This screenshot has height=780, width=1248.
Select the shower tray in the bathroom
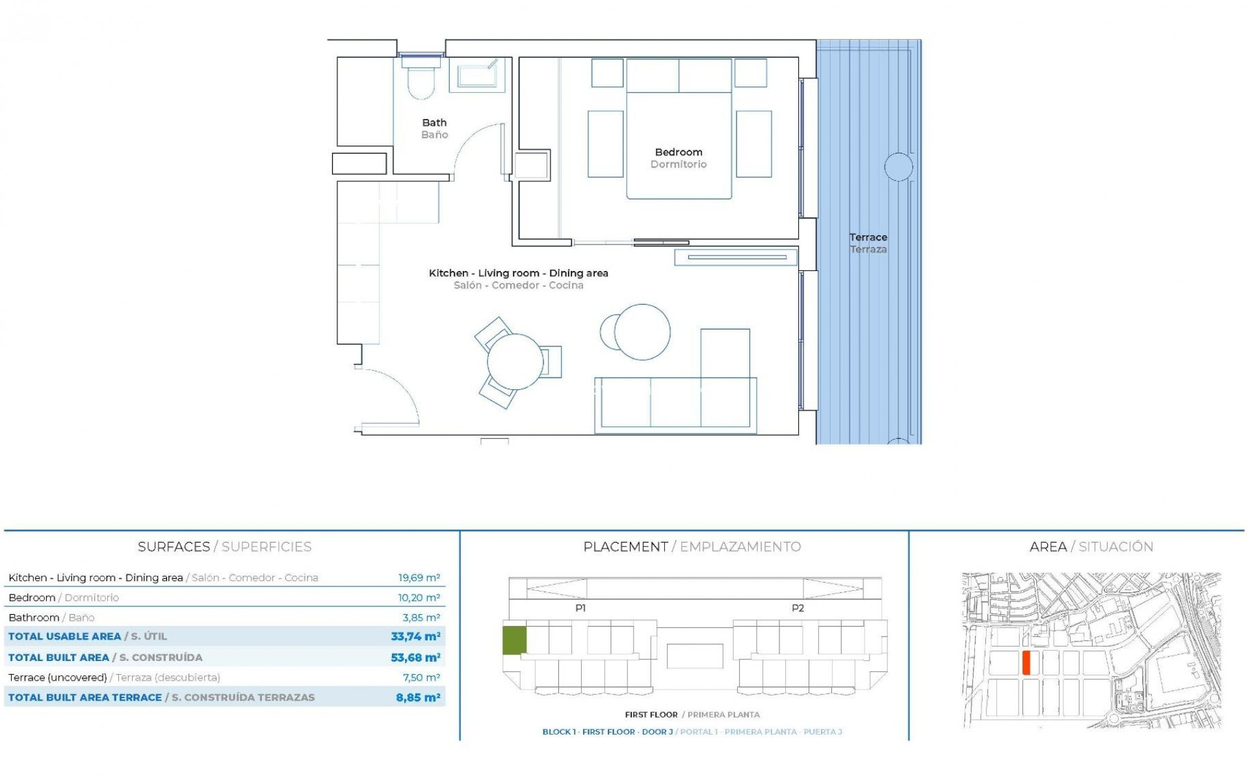[478, 75]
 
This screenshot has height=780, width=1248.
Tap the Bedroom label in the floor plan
[679, 152]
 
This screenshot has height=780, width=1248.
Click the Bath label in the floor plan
[434, 122]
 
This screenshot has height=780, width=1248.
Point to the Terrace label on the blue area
[868, 237]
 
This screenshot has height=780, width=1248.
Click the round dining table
[515, 361]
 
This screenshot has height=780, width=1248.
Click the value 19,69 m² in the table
[419, 577]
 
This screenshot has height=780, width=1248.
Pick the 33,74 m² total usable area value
[415, 636]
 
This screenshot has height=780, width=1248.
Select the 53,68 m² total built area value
[415, 657]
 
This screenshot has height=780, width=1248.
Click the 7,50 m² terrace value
[421, 677]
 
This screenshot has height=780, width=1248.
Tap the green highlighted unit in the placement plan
[514, 640]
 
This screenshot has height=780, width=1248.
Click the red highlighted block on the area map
[1026, 662]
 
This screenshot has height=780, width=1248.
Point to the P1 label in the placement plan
[580, 608]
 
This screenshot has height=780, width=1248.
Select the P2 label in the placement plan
[798, 608]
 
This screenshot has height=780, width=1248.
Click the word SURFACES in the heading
[174, 547]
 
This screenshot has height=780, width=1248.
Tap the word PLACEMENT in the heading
[625, 547]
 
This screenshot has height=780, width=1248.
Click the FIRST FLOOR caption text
[651, 714]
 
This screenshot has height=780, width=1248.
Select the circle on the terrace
[898, 167]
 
